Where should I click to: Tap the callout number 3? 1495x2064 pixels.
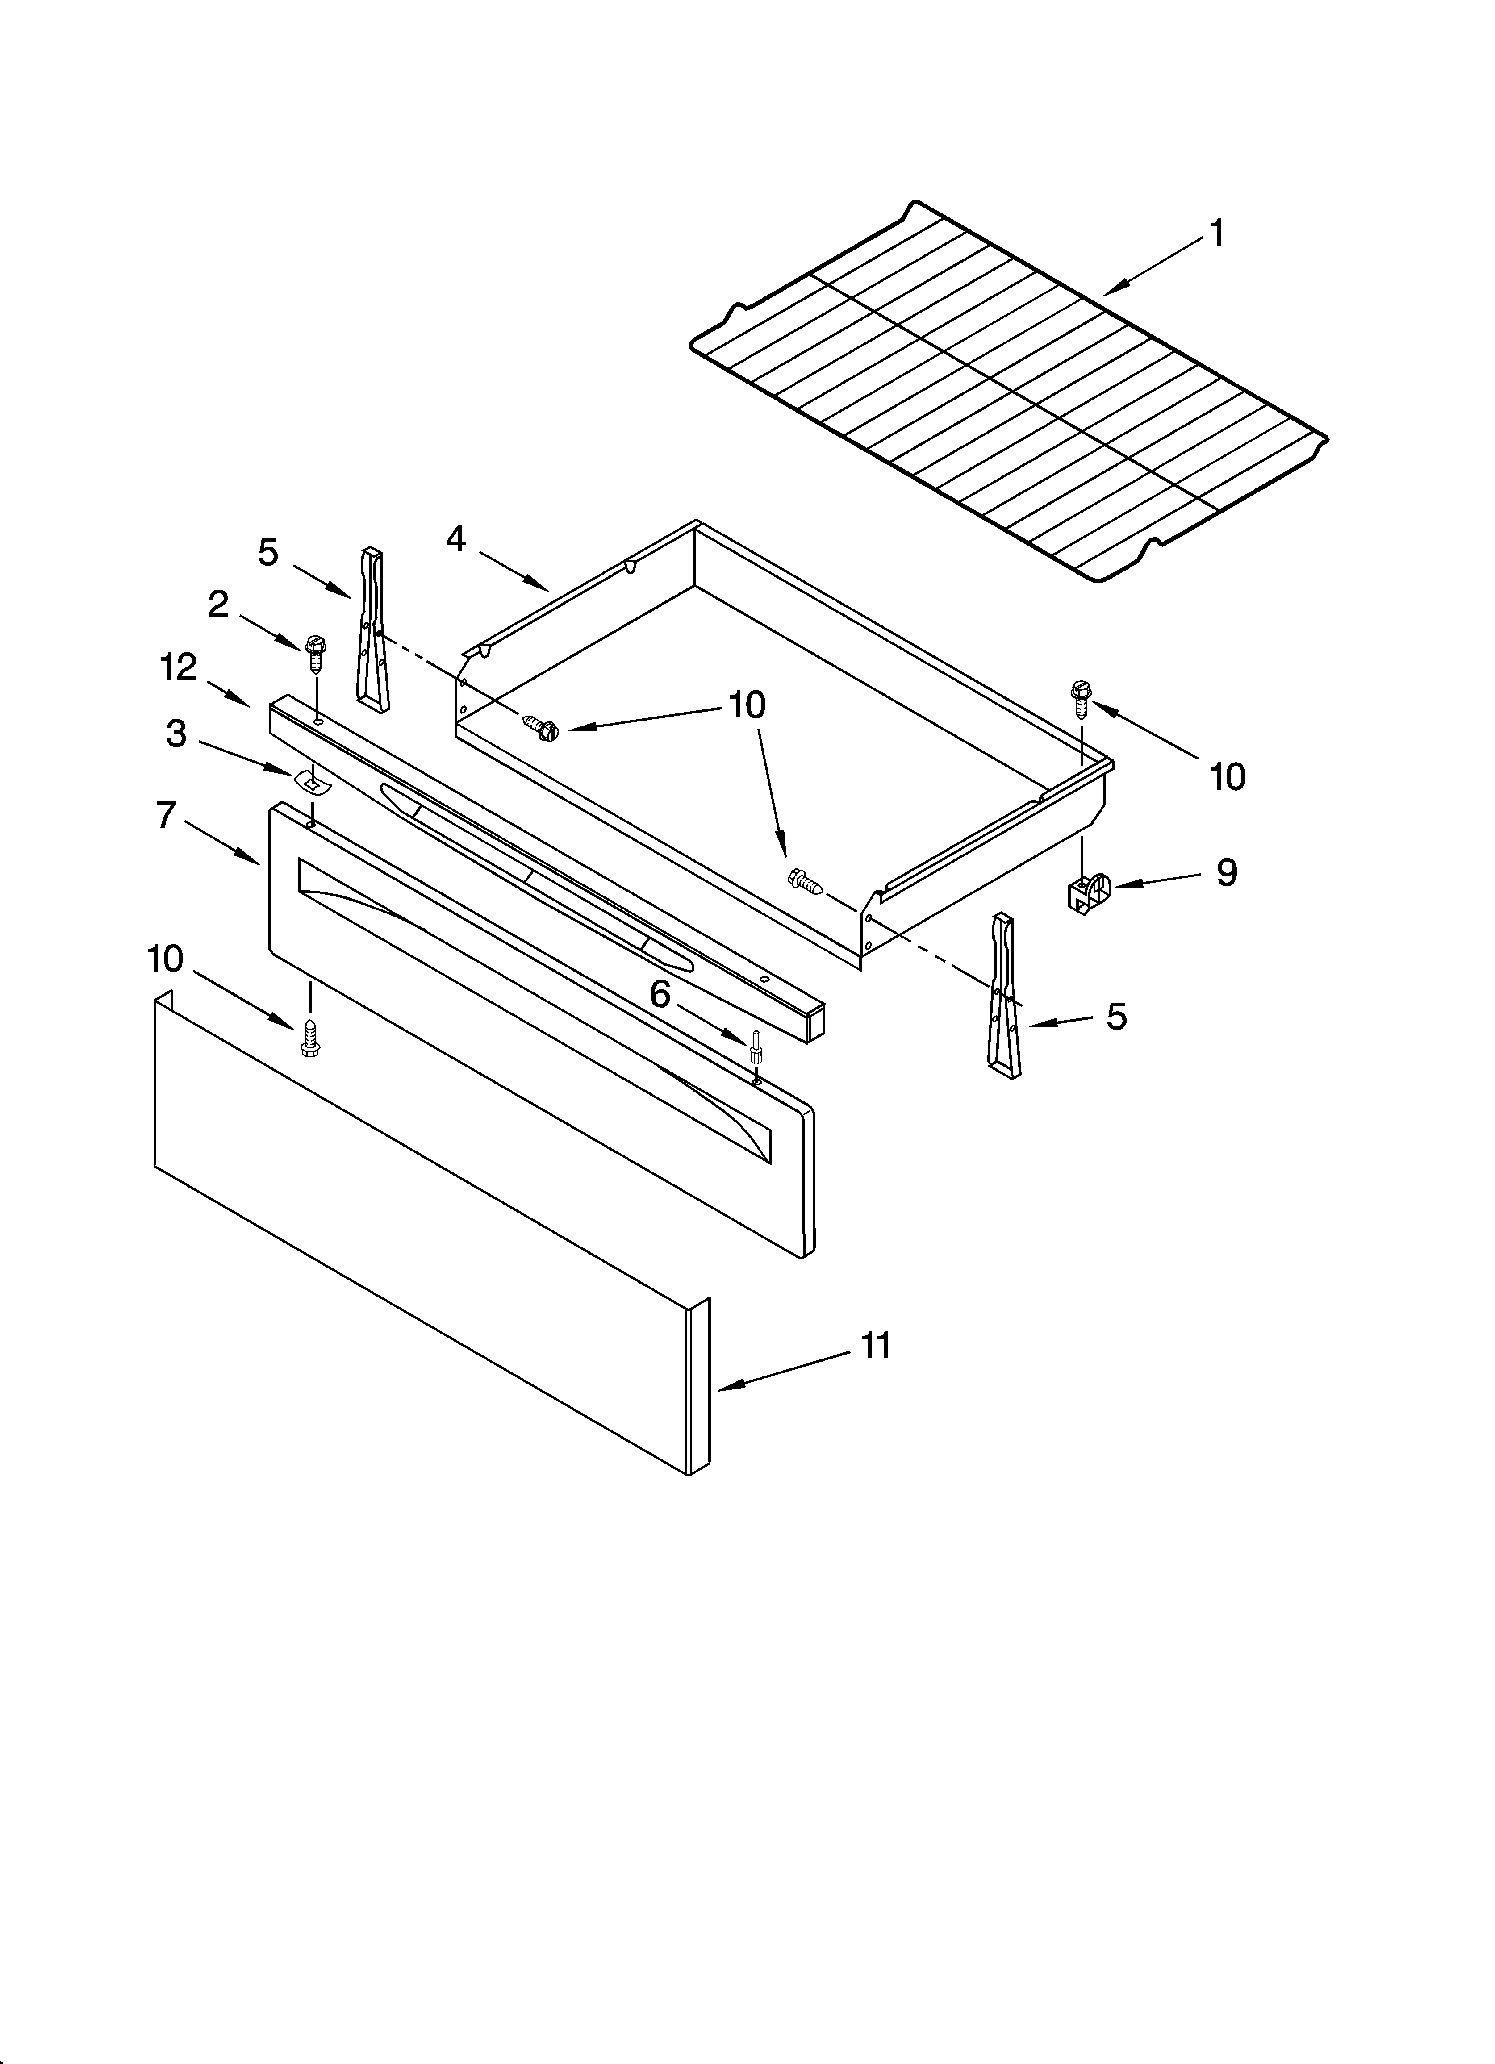point(177,733)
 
